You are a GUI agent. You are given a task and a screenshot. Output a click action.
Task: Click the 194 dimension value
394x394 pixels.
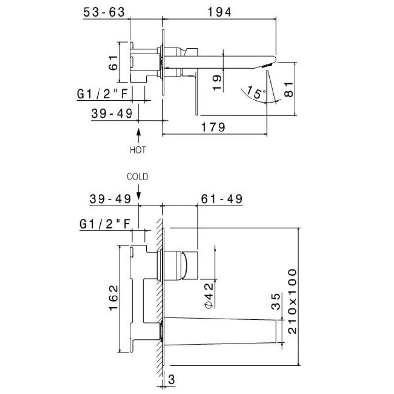click(x=219, y=12)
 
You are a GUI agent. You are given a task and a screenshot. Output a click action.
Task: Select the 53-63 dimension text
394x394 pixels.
click(x=104, y=12)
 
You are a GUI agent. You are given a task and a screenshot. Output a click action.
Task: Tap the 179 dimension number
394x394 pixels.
click(x=213, y=127)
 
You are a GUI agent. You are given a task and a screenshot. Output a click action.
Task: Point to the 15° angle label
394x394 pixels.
click(x=256, y=92)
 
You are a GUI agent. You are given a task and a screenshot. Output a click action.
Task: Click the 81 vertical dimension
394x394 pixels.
click(x=289, y=89)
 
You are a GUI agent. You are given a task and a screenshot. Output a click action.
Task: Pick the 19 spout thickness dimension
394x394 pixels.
click(x=217, y=82)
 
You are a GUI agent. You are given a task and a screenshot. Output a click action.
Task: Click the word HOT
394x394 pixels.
click(x=137, y=150)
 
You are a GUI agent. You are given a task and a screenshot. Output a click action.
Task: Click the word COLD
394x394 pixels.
click(x=137, y=177)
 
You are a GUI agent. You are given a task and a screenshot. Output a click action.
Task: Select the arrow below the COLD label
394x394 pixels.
click(x=139, y=193)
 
